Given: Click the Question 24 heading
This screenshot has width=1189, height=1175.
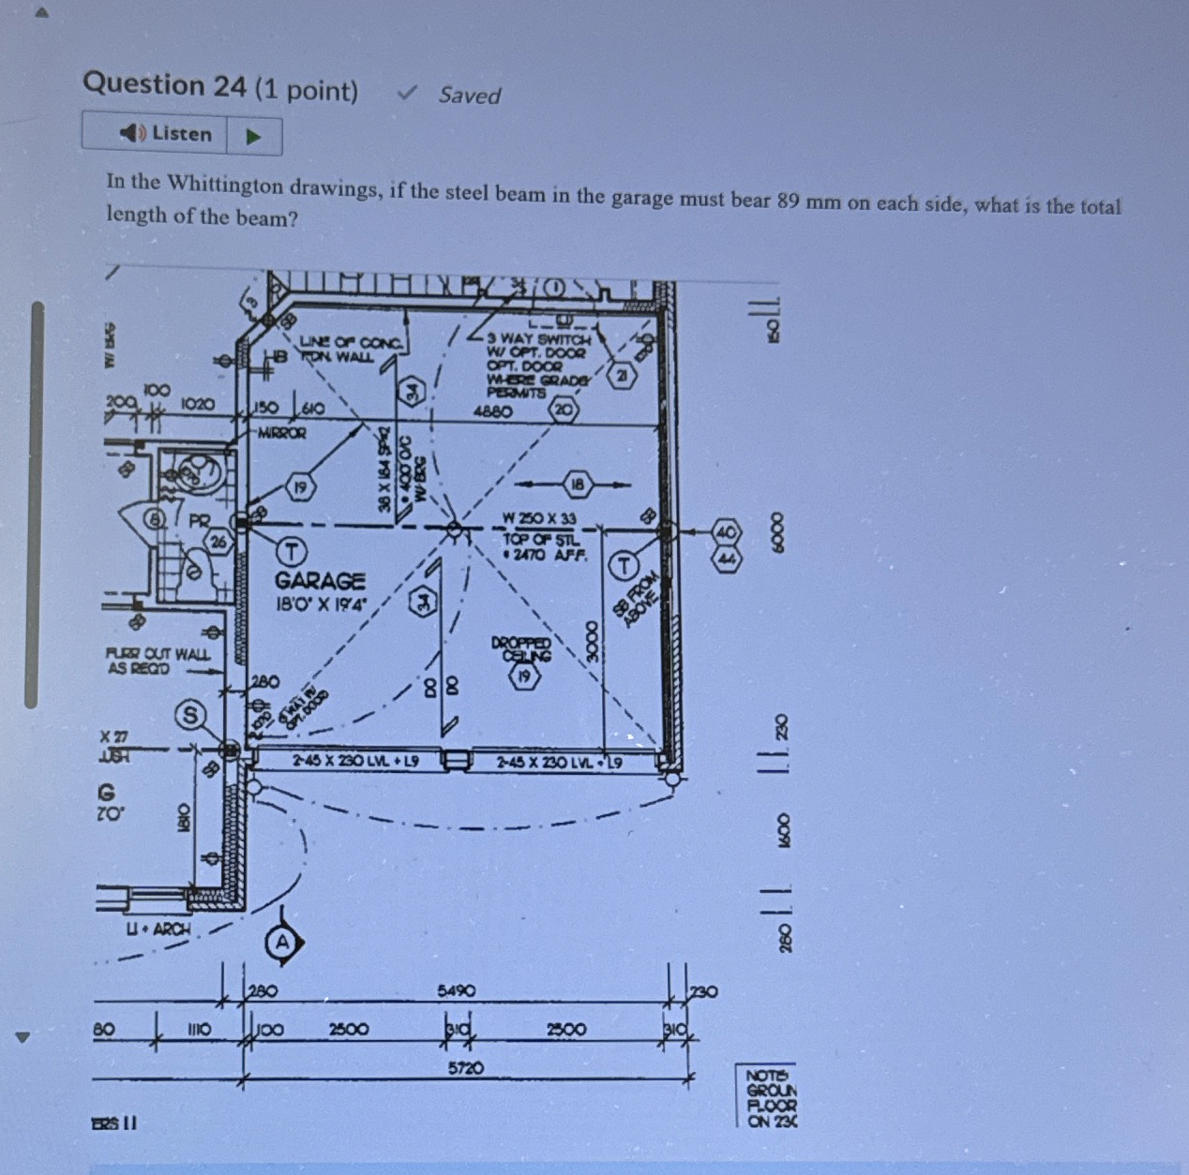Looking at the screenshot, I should (x=220, y=86).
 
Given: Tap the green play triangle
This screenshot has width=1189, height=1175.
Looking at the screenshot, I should (x=252, y=137).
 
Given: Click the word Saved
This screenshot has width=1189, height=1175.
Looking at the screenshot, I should (x=469, y=96).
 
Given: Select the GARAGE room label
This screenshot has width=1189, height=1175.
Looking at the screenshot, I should (x=320, y=582).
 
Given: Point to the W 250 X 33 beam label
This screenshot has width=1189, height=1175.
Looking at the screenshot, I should (x=539, y=518).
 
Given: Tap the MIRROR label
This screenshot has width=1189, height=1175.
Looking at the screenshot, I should (x=281, y=434).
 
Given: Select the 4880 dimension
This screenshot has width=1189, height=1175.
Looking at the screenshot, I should (x=493, y=410).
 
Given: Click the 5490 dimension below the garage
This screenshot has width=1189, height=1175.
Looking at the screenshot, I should (x=456, y=990).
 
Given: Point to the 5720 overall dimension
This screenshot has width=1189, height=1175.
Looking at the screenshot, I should (x=465, y=1067).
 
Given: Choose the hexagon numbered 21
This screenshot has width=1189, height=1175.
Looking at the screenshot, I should (x=621, y=376).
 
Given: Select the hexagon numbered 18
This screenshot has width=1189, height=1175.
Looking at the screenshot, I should (x=578, y=484).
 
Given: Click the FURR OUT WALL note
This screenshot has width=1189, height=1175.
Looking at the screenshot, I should (x=158, y=661).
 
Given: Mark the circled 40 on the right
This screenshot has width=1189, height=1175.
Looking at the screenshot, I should (x=728, y=532).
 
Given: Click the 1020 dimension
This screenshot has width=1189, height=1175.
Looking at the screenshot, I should (x=198, y=404).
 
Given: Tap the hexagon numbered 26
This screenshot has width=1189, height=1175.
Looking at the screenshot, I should (x=218, y=541).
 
